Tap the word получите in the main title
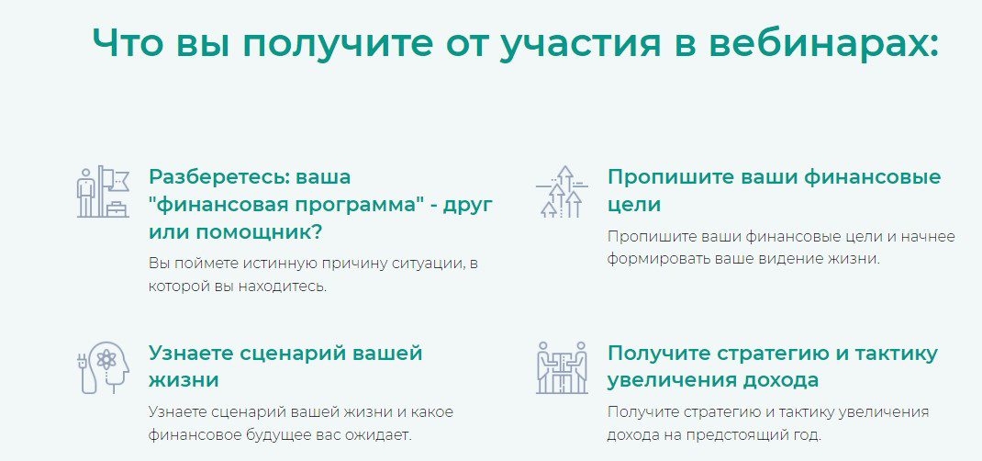[336, 44]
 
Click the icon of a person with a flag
[103, 192]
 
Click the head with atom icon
[103, 367]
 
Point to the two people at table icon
[563, 367]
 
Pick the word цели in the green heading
[634, 206]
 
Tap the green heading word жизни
[184, 380]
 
